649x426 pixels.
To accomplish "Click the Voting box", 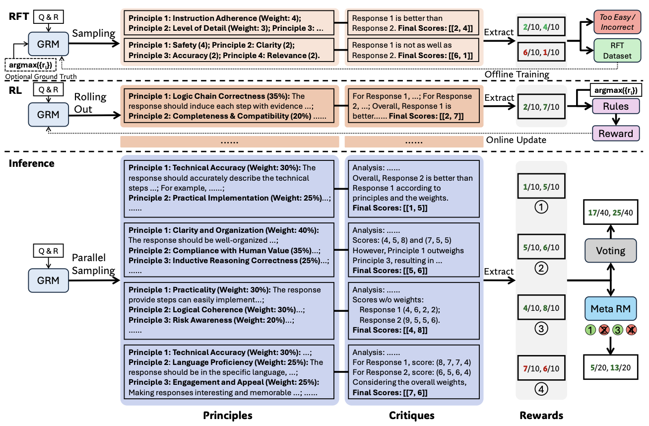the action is click(610, 251).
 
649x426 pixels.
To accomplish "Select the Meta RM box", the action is click(610, 308).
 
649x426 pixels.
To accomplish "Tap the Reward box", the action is click(616, 134).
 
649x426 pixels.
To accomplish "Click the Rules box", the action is click(616, 106).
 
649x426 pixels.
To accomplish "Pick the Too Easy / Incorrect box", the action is click(617, 22).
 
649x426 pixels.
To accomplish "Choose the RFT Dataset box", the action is click(617, 51).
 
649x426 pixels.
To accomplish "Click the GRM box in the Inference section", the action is click(49, 281).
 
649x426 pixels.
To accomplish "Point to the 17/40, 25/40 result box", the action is click(610, 213).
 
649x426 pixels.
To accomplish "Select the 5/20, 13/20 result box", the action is click(610, 367).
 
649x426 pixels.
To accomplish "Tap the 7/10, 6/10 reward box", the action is click(541, 368).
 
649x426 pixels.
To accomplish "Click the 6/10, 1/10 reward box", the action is click(541, 52).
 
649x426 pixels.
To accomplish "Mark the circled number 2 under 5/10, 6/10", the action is click(541, 268).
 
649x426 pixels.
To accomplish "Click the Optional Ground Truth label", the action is click(41, 76).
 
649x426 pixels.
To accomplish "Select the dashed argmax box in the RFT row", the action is click(30, 65).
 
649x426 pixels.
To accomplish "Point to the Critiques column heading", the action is click(411, 415).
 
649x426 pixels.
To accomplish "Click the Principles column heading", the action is click(228, 415).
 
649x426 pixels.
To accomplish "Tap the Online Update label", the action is click(516, 140).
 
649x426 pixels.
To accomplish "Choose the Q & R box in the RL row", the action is click(49, 89).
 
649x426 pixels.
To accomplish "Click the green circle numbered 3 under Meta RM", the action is click(617, 330).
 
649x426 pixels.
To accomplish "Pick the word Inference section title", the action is click(32, 163).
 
